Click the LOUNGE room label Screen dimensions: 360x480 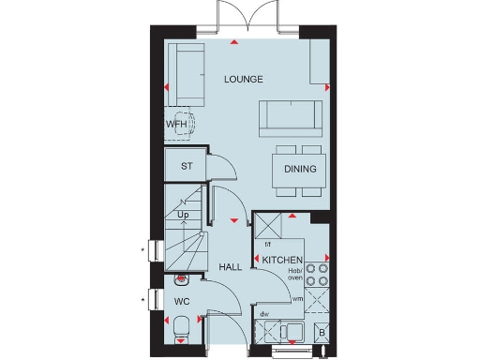click(x=244, y=79)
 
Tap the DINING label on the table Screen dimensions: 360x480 click(x=301, y=170)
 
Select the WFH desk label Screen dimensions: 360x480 click(x=176, y=124)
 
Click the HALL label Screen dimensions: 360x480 click(x=231, y=267)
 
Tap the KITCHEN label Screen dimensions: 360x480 click(x=282, y=259)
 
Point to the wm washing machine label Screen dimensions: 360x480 click(x=297, y=299)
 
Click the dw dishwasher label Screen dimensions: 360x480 click(x=265, y=314)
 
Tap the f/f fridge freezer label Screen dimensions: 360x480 click(x=267, y=244)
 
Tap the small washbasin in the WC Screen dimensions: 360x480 click(x=182, y=279)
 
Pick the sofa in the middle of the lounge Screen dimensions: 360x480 click(x=288, y=115)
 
